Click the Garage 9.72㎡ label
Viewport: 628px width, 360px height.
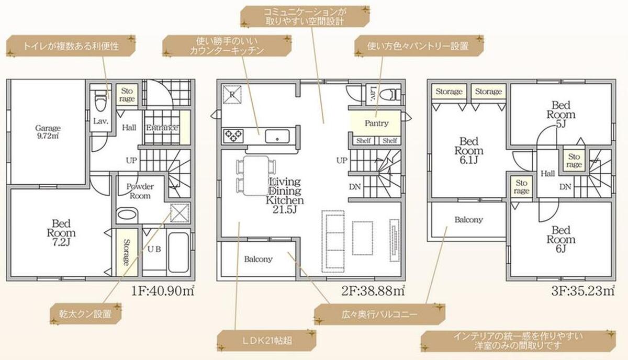tap(48, 132)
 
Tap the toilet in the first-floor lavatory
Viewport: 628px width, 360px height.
tap(100, 101)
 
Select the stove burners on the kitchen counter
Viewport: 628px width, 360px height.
tap(233, 136)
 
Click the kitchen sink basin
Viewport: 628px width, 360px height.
tap(277, 136)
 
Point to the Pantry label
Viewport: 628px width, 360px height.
tap(376, 123)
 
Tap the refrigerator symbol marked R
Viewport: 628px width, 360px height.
tap(232, 95)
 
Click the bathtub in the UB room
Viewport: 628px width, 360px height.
tap(178, 252)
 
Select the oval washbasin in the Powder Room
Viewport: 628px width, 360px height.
tap(127, 215)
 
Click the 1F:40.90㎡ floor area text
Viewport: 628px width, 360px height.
tap(163, 291)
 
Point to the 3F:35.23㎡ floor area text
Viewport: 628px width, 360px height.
tap(583, 291)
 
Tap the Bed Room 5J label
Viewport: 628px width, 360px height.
tap(560, 115)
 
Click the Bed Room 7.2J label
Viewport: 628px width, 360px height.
tap(61, 233)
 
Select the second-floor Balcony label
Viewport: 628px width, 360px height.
tap(258, 259)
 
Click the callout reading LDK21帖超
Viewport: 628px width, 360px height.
tap(266, 341)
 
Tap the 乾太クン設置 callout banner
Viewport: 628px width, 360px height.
tap(85, 314)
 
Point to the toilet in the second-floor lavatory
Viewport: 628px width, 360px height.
tap(390, 95)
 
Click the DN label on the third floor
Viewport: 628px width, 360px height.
tap(565, 187)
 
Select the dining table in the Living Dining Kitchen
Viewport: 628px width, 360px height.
tap(256, 176)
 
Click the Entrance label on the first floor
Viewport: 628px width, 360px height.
tap(162, 128)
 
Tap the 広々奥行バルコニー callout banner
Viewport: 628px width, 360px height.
tap(379, 314)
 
